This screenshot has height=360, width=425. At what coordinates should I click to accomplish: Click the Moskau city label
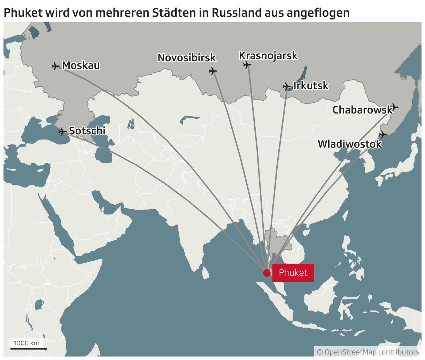81,65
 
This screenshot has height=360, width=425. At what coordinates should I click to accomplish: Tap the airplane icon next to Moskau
55,66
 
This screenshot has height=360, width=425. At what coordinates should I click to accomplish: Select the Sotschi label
87,131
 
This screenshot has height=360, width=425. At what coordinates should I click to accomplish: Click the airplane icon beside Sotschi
62,132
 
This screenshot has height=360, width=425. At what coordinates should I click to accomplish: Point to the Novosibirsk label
187,57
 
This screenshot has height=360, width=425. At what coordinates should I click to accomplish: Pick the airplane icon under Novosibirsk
213,71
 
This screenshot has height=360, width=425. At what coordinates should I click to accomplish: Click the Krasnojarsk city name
268,56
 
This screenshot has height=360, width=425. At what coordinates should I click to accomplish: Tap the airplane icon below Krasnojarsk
247,65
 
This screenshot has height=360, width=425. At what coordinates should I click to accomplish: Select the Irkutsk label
311,86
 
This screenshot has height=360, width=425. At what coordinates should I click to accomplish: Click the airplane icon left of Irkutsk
287,86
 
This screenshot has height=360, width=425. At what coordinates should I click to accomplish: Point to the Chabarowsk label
362,110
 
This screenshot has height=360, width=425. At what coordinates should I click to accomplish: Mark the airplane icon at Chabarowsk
394,107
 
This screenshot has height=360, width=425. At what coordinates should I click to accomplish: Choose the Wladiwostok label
350,144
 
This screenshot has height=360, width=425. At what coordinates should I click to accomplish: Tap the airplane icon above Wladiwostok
383,134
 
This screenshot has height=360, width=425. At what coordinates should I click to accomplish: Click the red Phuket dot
266,273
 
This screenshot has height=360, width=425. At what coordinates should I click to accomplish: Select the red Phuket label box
293,273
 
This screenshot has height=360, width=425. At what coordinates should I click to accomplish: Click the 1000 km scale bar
28,348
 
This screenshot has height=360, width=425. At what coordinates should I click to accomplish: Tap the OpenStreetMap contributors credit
368,352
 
